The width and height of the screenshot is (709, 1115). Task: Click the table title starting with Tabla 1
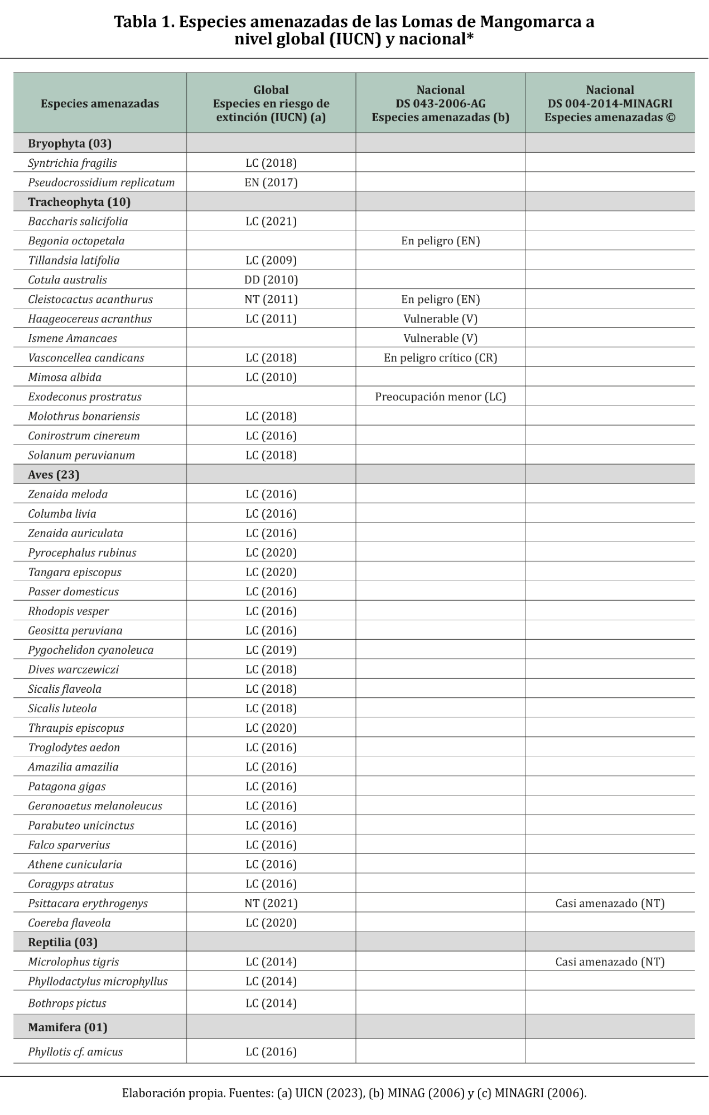pos(354,30)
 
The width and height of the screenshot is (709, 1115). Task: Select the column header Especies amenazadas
pos(100,104)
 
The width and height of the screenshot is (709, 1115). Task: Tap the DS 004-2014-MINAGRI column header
pos(610,104)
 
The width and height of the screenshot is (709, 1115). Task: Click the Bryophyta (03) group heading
pos(70,143)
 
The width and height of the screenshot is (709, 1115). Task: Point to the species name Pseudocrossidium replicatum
pos(101,182)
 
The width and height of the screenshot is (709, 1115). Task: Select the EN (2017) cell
pos(271,182)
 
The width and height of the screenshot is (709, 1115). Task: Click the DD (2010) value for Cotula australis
pos(271,280)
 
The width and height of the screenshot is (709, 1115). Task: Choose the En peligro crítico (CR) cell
pos(440,358)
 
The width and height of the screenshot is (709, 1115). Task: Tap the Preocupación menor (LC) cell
pos(440,397)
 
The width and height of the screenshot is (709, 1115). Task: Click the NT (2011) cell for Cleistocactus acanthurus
pos(271,300)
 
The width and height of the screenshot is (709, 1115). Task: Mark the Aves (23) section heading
pos(54,475)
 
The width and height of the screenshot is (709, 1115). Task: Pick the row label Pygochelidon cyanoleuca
pos(90,650)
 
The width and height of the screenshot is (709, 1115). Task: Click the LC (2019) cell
pos(271,650)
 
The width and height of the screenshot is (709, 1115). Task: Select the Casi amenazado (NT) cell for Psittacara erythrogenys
pos(610,904)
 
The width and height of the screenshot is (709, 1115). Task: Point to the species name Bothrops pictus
pos(67,1003)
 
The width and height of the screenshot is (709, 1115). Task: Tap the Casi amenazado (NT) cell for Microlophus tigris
pos(610,962)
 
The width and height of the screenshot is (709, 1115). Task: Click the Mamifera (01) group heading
pos(67,1027)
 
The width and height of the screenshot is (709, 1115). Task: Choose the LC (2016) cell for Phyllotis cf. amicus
pos(271,1052)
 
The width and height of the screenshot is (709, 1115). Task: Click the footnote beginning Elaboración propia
pos(354,1093)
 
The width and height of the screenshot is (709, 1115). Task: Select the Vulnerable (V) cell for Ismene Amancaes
pos(440,339)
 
